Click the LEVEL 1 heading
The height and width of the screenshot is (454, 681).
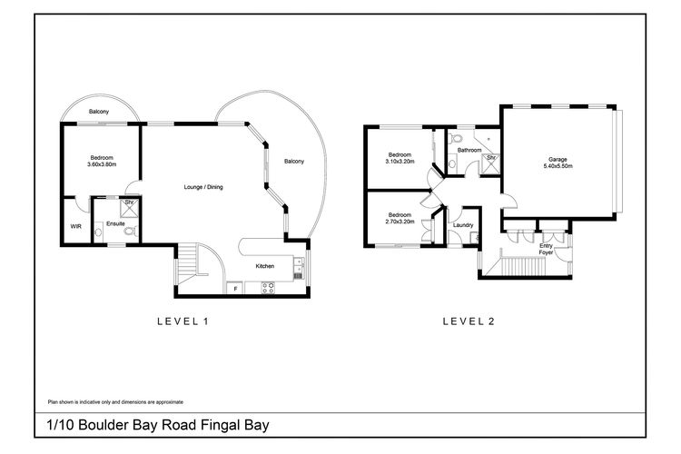[x=183, y=321]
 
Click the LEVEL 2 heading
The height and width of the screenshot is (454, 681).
[x=468, y=321]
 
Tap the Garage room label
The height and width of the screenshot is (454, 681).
[x=558, y=158]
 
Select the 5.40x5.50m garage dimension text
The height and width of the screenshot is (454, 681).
[x=558, y=166]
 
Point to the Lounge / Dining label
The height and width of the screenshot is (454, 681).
[x=203, y=187]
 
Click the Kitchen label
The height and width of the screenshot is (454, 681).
[x=264, y=266]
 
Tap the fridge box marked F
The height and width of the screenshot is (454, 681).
[x=235, y=288]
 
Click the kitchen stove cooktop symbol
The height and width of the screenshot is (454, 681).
[x=268, y=288]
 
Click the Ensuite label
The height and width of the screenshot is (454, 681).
[x=115, y=222]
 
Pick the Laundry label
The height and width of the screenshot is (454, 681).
[x=462, y=224]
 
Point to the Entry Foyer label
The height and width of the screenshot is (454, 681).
[x=545, y=249]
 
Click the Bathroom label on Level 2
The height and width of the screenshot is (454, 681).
[x=469, y=150]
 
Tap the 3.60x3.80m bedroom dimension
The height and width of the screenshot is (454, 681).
[x=102, y=164]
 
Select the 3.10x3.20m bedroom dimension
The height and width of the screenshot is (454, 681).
[x=400, y=162]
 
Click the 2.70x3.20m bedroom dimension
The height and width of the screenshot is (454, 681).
[x=400, y=221]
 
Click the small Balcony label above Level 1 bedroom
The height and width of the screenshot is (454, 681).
[x=101, y=113]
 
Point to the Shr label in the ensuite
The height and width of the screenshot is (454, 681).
[x=130, y=202]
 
